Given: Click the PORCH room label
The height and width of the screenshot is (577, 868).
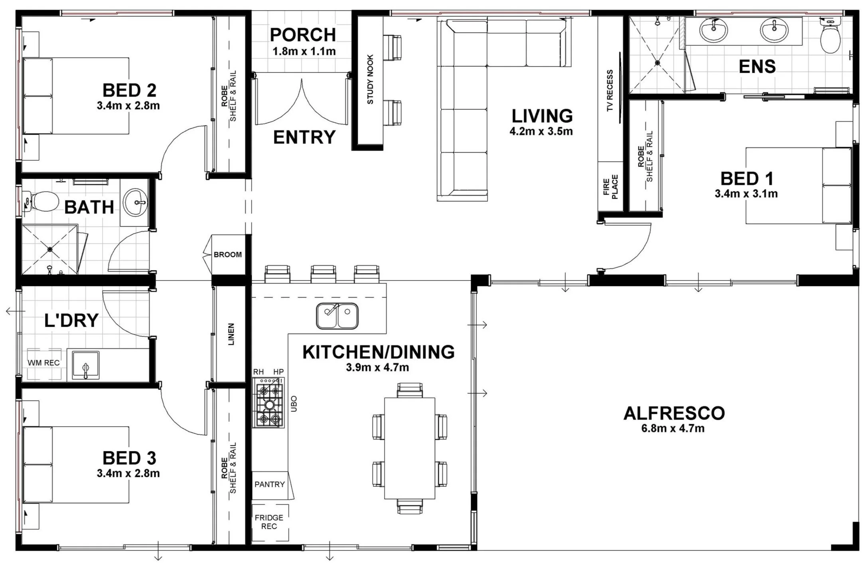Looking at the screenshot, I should (x=303, y=35).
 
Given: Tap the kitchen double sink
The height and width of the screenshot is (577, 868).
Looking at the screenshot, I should (x=337, y=316).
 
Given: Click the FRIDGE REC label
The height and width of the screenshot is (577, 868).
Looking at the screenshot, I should (x=269, y=522).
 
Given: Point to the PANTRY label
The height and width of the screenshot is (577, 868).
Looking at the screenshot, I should (x=270, y=484).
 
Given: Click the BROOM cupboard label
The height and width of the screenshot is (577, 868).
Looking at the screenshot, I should (x=228, y=255).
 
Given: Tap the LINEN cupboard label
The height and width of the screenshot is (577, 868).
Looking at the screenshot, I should (x=231, y=334).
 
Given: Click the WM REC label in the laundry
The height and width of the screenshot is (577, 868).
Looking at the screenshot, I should (x=43, y=363).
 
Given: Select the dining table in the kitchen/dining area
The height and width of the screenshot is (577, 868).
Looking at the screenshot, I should (x=409, y=448).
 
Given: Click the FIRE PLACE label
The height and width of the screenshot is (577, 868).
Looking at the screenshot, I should (x=610, y=187).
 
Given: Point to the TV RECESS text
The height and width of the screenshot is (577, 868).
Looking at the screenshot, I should (x=610, y=91).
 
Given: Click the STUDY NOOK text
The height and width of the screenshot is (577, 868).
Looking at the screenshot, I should (x=370, y=80).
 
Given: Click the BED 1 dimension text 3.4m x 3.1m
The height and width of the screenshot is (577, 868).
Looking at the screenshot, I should (x=746, y=194).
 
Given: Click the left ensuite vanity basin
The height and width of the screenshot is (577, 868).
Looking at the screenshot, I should (x=714, y=30).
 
